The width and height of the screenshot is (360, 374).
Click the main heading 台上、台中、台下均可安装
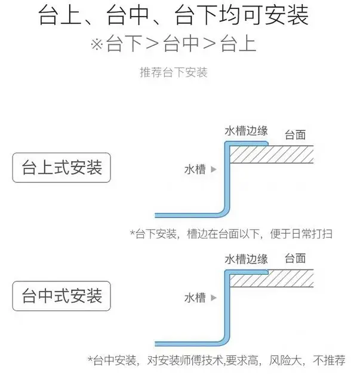(x=173, y=16)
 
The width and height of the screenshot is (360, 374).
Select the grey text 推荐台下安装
(x=173, y=72)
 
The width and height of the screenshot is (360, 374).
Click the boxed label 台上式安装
(x=61, y=167)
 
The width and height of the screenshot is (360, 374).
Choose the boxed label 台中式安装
(x=61, y=295)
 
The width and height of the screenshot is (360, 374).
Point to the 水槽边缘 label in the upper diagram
(x=246, y=131)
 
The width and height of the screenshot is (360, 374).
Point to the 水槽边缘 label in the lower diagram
(x=246, y=259)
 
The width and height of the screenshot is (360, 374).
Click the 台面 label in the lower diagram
(x=295, y=259)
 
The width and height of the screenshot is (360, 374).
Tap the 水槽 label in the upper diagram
(x=195, y=170)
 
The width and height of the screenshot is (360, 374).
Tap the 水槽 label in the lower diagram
(x=195, y=298)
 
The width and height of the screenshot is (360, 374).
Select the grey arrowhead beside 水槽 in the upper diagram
(x=213, y=170)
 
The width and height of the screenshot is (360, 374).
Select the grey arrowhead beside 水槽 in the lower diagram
(x=213, y=298)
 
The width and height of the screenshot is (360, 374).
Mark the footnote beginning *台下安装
(x=231, y=234)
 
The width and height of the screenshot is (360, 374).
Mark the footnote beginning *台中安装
(x=216, y=361)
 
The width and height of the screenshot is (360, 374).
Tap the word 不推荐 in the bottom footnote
(x=330, y=361)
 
